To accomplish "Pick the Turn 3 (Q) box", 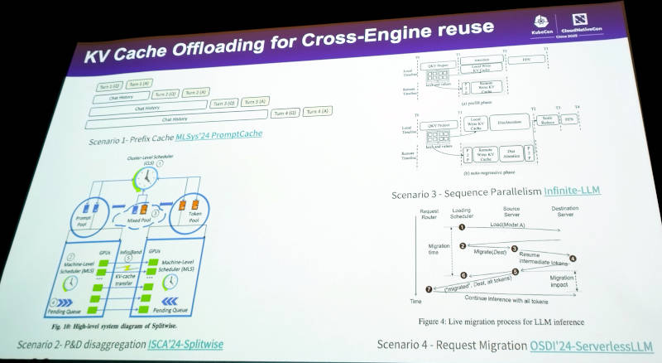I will pyautogui.click(x=223, y=104).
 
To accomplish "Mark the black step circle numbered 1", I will pyautogui.click(x=462, y=226).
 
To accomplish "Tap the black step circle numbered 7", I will pyautogui.click(x=428, y=289).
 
